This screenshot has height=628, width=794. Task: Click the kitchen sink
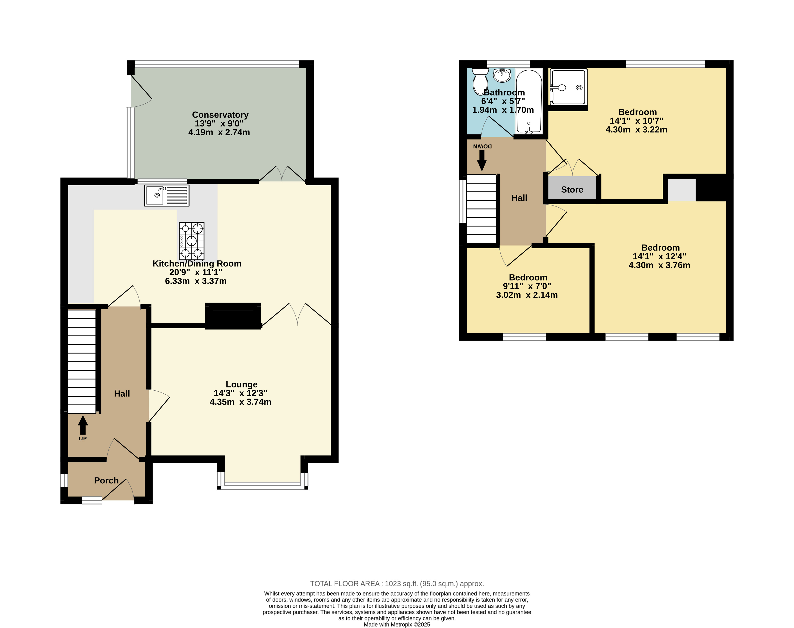click(167, 195)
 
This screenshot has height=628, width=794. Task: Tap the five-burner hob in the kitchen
click(192, 241)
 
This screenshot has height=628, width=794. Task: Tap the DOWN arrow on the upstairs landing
click(482, 161)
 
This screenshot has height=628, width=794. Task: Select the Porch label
click(106, 480)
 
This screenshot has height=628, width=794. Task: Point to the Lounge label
click(241, 384)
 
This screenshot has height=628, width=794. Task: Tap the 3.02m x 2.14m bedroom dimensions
click(527, 295)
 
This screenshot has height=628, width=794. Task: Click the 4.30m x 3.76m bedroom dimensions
click(659, 265)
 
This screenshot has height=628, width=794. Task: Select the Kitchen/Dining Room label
click(197, 264)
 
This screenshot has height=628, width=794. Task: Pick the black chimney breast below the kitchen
click(233, 316)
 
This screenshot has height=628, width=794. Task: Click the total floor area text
click(397, 583)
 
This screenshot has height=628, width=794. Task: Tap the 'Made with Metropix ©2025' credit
click(397, 624)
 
